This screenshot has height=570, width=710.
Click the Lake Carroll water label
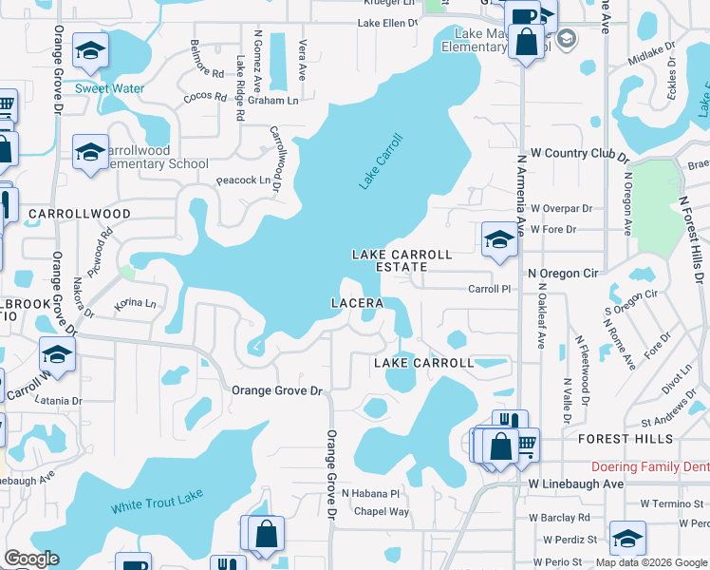click(382, 161)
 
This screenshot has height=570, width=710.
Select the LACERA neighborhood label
click(356, 303)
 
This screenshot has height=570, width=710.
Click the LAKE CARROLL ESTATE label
click(402, 261)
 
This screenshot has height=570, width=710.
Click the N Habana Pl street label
click(371, 494)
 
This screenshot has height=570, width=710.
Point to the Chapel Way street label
click(382, 511)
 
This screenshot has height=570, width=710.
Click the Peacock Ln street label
click(243, 180)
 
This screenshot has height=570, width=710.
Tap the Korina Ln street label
click(135, 304)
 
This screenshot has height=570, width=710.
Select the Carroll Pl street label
click(491, 288)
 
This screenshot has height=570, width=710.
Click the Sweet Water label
click(110, 88)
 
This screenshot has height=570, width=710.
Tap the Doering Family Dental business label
click(649, 466)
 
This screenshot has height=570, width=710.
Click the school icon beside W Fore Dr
click(498, 239)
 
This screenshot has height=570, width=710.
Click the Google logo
click(31, 559)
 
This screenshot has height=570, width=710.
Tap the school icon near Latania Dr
click(57, 355)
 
